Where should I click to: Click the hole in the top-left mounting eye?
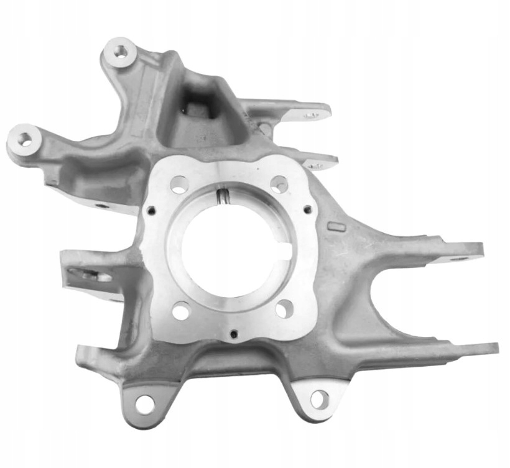click(x=119, y=52)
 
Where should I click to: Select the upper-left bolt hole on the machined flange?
click(x=179, y=184)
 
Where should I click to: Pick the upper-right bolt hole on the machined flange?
click(x=279, y=183)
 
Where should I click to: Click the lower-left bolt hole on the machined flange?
click(x=180, y=310)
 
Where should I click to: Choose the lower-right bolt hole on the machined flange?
click(x=284, y=308)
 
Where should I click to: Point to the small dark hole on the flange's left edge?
click(x=151, y=211)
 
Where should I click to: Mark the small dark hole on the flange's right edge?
click(x=307, y=209)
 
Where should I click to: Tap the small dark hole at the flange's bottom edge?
click(x=233, y=334)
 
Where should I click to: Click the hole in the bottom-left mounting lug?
click(x=144, y=404)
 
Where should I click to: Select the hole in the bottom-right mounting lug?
click(x=319, y=399)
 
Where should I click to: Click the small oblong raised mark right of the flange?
click(x=336, y=227)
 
